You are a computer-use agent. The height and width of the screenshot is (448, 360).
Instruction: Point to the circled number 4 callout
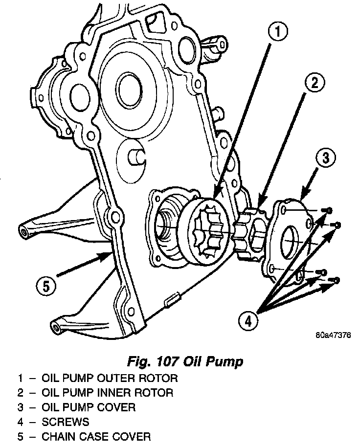point(248,321)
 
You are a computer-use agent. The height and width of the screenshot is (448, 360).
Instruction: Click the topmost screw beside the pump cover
point(328,210)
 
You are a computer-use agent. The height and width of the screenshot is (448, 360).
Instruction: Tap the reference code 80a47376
point(334,336)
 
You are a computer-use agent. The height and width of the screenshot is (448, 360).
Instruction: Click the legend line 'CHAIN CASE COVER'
point(96,436)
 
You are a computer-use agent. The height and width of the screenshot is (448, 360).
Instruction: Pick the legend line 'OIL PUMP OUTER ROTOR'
point(109,378)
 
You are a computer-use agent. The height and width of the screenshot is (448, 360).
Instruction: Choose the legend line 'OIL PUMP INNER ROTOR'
point(108,392)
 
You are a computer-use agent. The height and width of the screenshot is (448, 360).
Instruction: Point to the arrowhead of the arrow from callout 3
point(300,198)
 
